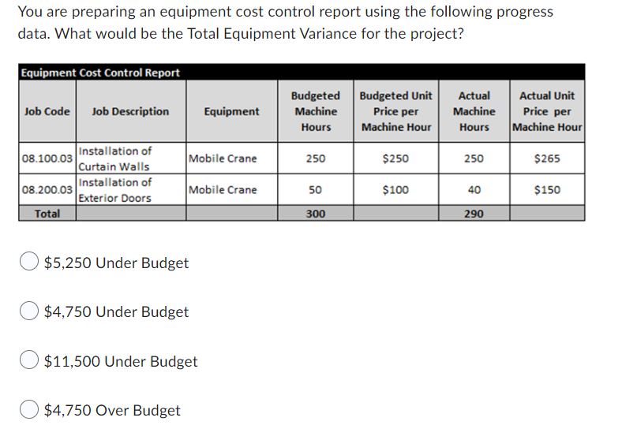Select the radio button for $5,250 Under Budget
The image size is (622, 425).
tap(31, 263)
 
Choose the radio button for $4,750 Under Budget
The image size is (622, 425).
tap(31, 312)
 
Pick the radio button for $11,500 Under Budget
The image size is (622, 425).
tap(31, 362)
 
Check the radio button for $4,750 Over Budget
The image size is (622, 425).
tap(31, 411)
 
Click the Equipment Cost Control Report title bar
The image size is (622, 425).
tap(100, 73)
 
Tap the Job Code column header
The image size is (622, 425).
tap(47, 111)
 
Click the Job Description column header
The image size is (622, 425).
tap(130, 111)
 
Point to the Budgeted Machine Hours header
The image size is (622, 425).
tap(316, 111)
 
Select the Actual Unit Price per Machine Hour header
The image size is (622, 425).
tap(547, 111)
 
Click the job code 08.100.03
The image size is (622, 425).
tap(47, 158)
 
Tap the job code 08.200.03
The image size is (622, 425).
tap(47, 190)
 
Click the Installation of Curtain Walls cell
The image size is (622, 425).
tap(115, 158)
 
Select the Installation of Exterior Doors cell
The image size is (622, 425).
tap(115, 190)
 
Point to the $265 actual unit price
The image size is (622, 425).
tap(547, 158)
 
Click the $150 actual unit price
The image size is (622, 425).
tap(547, 190)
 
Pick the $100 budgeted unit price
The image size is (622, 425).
tap(395, 190)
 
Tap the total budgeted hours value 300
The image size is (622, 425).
tap(316, 214)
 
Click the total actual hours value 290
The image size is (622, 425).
tap(474, 214)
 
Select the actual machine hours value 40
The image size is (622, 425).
tap(474, 190)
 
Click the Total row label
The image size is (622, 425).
tap(47, 214)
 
